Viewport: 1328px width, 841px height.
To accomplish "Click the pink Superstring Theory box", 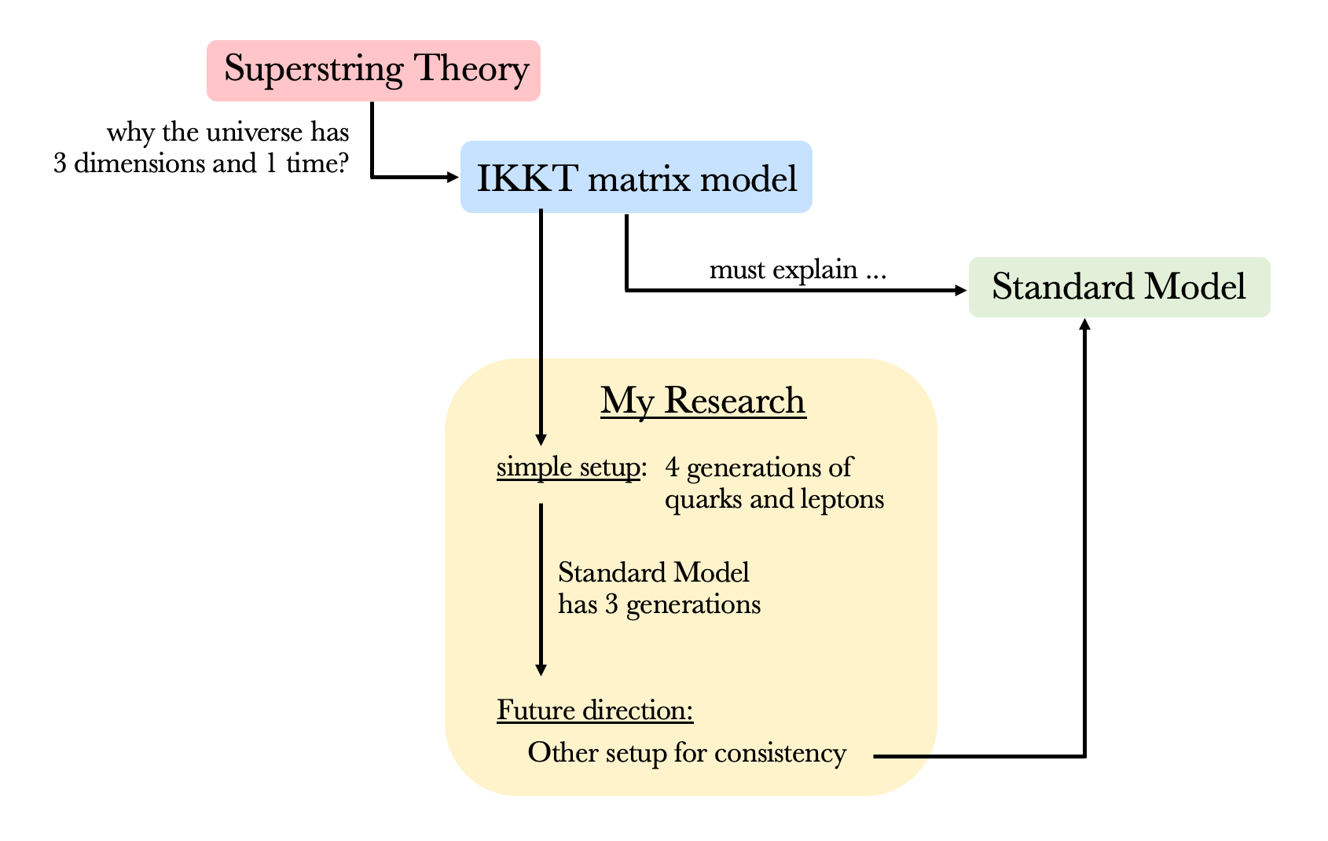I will pos(373,70).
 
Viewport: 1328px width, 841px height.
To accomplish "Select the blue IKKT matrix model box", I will pos(636,178).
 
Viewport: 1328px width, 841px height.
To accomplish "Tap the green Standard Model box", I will pos(1118,287).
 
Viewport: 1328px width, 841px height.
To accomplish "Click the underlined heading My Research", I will pos(703,401).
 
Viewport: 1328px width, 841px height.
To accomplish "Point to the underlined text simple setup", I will pos(568,468).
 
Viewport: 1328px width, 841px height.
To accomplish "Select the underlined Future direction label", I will pos(595,711).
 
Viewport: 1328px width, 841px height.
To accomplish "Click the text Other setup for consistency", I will pos(687,753).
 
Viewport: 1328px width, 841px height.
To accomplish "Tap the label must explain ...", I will pos(797,270).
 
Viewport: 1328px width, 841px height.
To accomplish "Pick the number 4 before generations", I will pos(672,468).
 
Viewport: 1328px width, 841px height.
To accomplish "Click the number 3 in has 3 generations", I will pos(611,604).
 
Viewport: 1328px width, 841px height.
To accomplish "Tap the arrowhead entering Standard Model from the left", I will pos(960,291).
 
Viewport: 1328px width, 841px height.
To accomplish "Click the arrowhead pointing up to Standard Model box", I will pos(1084,325).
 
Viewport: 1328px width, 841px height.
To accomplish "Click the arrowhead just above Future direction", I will pos(541,670).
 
